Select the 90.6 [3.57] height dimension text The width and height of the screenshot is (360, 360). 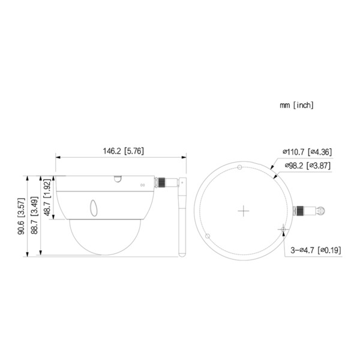click(x=22, y=217)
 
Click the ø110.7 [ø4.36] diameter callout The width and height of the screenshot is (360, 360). click(x=306, y=153)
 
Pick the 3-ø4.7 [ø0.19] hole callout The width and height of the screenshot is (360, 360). click(x=316, y=250)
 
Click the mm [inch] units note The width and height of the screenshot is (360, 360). click(x=296, y=105)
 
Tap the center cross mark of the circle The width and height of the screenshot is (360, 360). click(x=243, y=211)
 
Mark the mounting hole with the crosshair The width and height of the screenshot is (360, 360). click(x=282, y=229)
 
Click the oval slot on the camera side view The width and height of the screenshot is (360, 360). click(x=94, y=207)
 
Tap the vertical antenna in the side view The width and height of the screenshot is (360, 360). click(x=183, y=216)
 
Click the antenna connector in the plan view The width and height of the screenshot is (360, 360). click(x=307, y=211)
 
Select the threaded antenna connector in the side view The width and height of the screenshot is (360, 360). click(x=165, y=182)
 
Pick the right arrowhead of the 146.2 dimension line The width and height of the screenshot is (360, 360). click(x=183, y=158)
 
